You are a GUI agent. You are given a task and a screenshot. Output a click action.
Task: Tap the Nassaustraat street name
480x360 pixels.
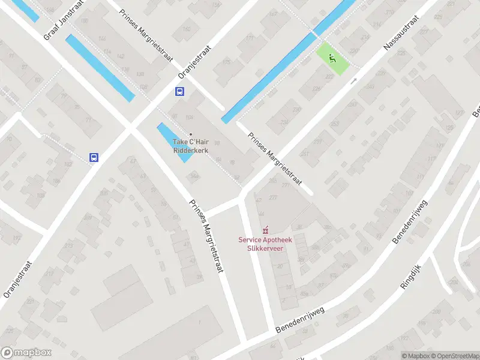pyautogui.click(x=406, y=38)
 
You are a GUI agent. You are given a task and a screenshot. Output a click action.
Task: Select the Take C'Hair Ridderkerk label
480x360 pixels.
pyautogui.click(x=191, y=146)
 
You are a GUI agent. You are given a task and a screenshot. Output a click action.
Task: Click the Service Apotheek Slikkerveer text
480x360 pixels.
pyautogui.click(x=265, y=244)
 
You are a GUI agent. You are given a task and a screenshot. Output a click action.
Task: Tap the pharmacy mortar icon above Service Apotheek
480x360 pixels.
pyautogui.click(x=265, y=230)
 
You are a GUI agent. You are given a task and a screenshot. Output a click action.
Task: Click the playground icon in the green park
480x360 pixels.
pyautogui.click(x=332, y=58)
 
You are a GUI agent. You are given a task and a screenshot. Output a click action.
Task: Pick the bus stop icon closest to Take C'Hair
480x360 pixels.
pyautogui.click(x=180, y=92)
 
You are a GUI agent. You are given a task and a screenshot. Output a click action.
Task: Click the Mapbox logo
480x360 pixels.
pyautogui.click(x=26, y=353)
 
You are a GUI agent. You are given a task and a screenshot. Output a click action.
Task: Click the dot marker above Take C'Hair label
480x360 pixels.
pyautogui.click(x=191, y=134)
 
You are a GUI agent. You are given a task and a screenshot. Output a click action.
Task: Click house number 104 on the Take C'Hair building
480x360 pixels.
pyautogui.click(x=190, y=118)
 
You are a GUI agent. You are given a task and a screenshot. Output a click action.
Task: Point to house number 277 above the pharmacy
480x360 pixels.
pyautogui.click(x=274, y=197)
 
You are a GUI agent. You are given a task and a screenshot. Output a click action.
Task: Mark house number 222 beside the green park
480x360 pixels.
pyautogui.click(x=329, y=77)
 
